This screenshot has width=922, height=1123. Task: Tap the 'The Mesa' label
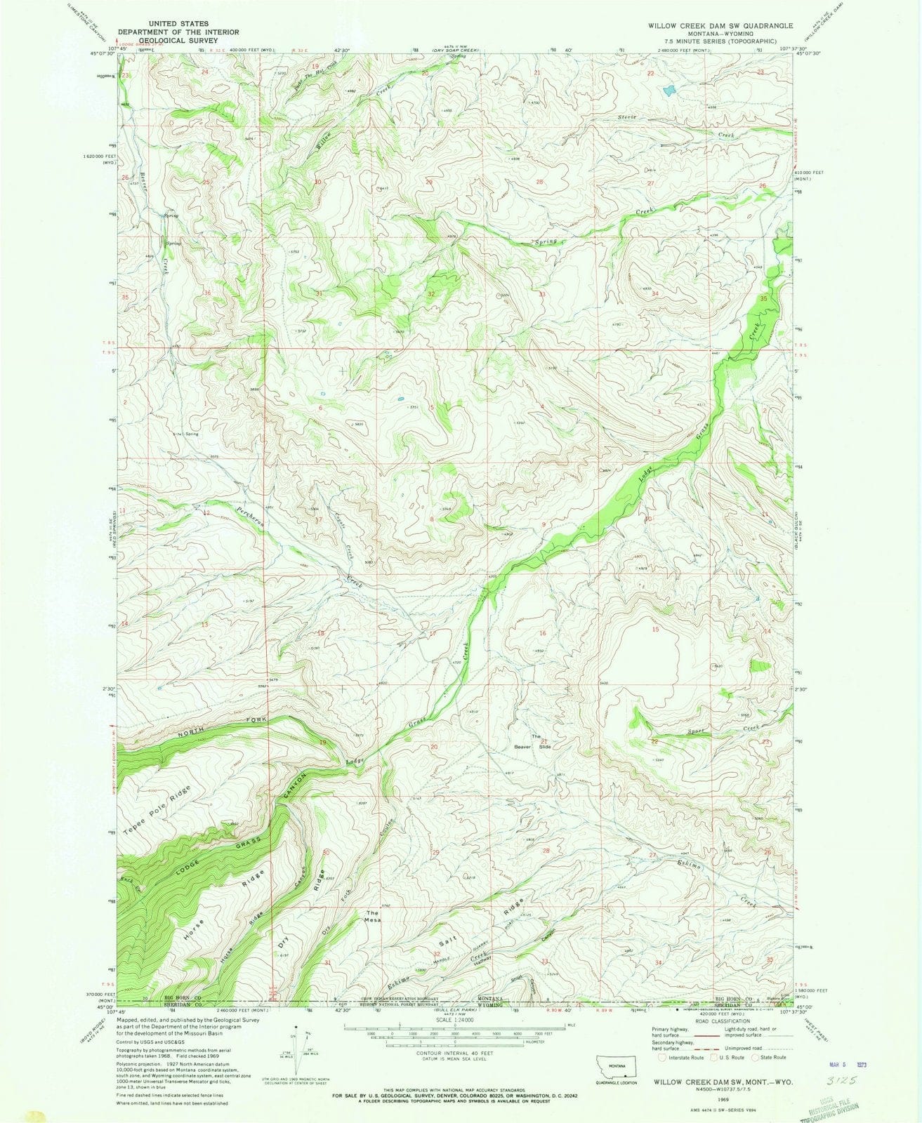pyautogui.click(x=372, y=916)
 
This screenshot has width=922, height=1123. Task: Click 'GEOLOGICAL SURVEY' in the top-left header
pyautogui.click(x=178, y=41)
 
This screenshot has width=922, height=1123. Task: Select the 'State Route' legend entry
pyautogui.click(x=770, y=1057)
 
